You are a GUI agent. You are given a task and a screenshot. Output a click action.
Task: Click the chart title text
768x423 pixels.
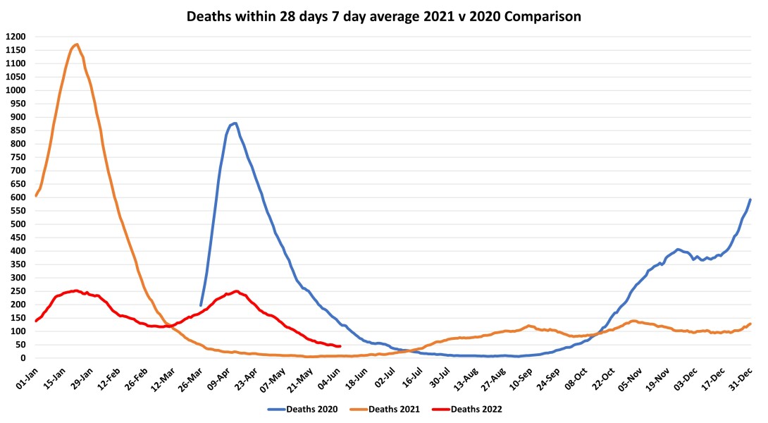pyautogui.click(x=384, y=16)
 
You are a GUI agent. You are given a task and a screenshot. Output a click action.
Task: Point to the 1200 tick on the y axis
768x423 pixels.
pyautogui.click(x=14, y=37)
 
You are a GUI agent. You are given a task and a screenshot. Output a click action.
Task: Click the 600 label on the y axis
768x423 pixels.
pyautogui.click(x=17, y=197)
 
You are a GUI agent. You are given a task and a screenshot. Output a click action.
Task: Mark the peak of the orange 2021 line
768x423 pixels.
pyautogui.click(x=76, y=44)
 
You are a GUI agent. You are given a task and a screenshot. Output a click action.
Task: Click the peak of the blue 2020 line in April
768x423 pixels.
pyautogui.click(x=235, y=123)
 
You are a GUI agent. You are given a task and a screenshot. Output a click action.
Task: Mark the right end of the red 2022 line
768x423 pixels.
pyautogui.click(x=340, y=346)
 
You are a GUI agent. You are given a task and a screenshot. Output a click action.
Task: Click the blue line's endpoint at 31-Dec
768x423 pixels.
pyautogui.click(x=750, y=200)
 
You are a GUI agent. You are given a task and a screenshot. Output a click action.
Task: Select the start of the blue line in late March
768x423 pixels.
pyautogui.click(x=201, y=305)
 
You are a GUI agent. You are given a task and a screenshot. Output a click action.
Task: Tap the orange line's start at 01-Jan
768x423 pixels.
pyautogui.click(x=35, y=195)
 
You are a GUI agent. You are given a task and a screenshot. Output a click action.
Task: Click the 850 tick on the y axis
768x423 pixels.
pyautogui.click(x=17, y=130)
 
